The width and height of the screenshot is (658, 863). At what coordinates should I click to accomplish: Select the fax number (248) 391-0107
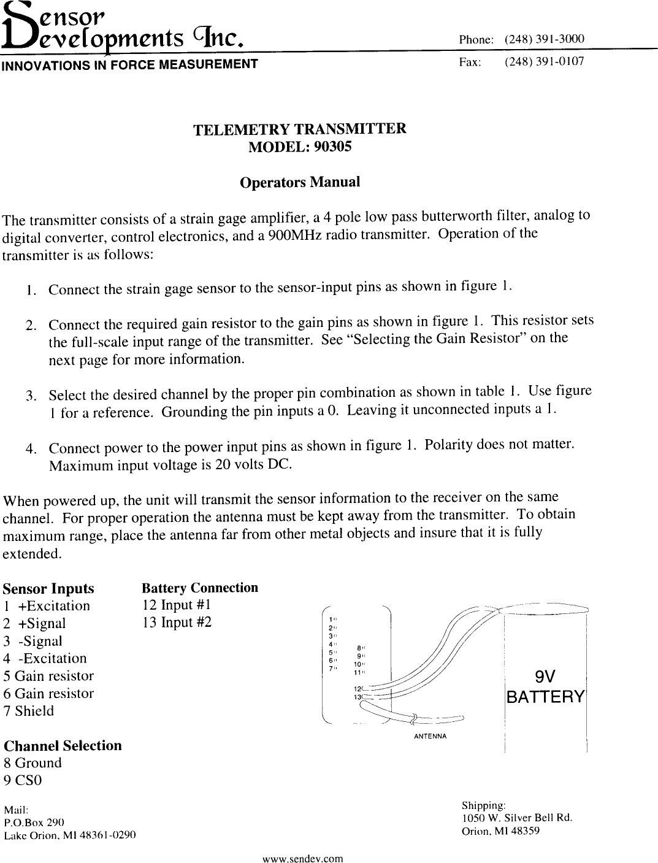click(x=544, y=62)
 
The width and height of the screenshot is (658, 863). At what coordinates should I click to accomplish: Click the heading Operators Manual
click(x=299, y=182)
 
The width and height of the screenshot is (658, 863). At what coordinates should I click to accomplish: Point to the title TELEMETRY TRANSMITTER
click(x=299, y=129)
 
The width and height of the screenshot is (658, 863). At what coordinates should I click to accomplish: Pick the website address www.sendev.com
click(x=302, y=858)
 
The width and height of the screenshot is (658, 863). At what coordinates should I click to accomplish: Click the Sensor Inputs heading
click(x=48, y=589)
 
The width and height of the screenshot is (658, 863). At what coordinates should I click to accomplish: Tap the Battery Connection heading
click(x=200, y=588)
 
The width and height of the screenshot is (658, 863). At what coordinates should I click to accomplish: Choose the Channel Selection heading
click(x=63, y=746)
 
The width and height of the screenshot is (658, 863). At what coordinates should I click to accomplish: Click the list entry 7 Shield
click(x=28, y=711)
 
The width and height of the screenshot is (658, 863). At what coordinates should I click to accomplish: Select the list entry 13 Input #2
click(x=177, y=623)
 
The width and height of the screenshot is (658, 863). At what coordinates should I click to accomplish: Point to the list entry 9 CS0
click(x=23, y=781)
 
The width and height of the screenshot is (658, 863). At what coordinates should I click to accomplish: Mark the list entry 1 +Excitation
click(x=47, y=606)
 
